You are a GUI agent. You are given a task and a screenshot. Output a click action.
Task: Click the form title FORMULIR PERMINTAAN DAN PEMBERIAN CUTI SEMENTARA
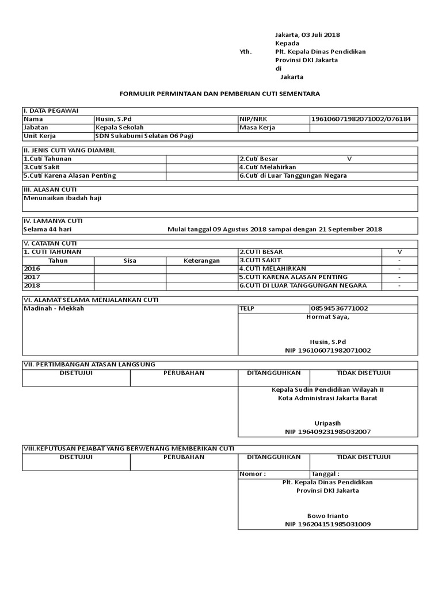coord(219,93)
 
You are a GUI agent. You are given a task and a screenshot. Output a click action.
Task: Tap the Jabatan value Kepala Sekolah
coord(120,127)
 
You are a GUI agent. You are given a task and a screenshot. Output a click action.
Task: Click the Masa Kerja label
coord(257,127)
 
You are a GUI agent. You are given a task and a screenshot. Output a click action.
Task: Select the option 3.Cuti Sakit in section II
coord(41,167)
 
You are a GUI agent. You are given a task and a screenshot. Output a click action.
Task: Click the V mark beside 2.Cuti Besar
coord(349,158)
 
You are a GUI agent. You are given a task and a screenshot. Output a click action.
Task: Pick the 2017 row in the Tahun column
coord(32,277)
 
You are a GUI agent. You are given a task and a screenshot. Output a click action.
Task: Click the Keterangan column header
coord(201,261)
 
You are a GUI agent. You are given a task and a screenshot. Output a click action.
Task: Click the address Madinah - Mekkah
coord(54,308)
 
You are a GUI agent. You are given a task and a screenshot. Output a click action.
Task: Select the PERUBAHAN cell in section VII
coord(184,373)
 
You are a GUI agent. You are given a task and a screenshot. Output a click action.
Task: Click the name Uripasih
coord(327,422)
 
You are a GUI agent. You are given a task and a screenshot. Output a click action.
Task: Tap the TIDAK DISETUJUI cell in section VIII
coord(364,457)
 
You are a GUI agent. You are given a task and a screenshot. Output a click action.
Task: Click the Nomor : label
coord(253,474)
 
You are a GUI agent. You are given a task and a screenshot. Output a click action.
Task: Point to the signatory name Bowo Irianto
coord(327,515)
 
